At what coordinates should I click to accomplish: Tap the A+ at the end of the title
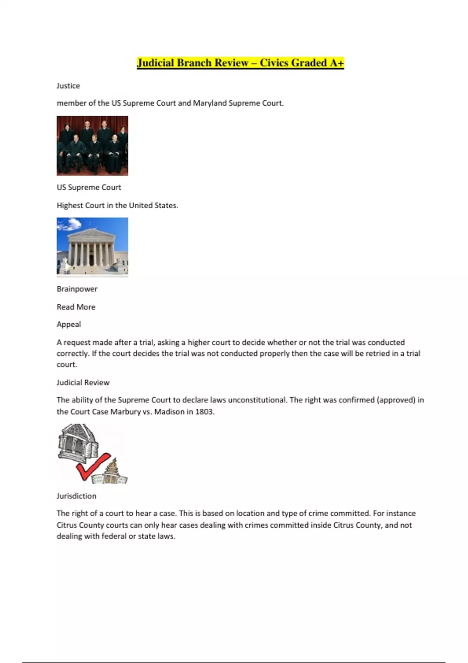(337, 63)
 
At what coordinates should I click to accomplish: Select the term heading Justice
(68, 86)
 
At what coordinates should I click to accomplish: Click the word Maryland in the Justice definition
(210, 103)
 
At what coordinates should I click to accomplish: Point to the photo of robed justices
(92, 146)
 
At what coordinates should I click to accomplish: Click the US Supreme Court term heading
(89, 187)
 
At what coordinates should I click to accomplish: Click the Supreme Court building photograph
(92, 247)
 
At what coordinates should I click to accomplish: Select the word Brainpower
(77, 289)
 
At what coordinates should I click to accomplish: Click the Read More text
(76, 307)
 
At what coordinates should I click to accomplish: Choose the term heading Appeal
(69, 324)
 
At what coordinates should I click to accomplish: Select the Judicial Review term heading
(83, 383)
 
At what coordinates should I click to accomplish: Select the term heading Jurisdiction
(76, 496)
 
